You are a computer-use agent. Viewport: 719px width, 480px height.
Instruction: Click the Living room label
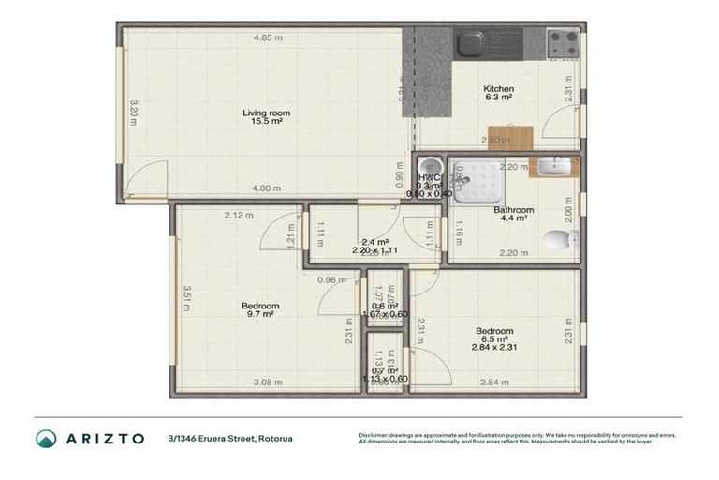pyautogui.click(x=266, y=112)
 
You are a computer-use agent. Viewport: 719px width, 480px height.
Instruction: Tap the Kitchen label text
pyautogui.click(x=498, y=88)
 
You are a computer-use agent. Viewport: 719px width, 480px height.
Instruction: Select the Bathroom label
pyautogui.click(x=513, y=210)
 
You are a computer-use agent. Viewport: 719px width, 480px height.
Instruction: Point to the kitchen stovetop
pyautogui.click(x=563, y=42)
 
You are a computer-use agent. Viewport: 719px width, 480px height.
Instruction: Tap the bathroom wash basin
pyautogui.click(x=553, y=167)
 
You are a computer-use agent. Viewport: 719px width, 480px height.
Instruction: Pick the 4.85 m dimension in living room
pyautogui.click(x=267, y=37)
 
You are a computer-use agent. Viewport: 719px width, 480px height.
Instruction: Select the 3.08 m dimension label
pyautogui.click(x=269, y=382)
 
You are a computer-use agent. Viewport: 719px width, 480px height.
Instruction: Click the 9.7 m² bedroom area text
pyautogui.click(x=260, y=315)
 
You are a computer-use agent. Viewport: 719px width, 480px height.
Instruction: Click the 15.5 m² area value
pyautogui.click(x=266, y=121)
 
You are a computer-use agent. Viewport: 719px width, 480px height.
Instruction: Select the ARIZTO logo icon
pyautogui.click(x=46, y=438)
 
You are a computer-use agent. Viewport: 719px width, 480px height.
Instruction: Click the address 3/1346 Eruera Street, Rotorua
pyautogui.click(x=229, y=438)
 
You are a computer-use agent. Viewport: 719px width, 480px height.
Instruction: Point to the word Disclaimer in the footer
pyautogui.click(x=376, y=434)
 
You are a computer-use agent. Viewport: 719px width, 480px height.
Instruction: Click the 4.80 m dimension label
pyautogui.click(x=266, y=188)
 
